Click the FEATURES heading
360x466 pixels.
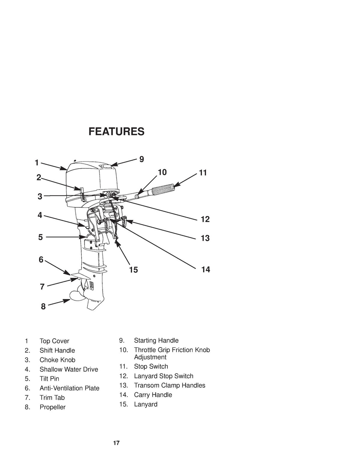click(116, 131)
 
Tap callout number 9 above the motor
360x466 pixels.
click(142, 159)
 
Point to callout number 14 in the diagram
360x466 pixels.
click(205, 269)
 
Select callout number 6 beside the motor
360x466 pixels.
click(41, 260)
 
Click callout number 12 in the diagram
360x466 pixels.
click(205, 219)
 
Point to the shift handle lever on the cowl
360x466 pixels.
click(82, 194)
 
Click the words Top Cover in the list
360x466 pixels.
click(55, 341)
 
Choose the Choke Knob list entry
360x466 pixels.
click(58, 360)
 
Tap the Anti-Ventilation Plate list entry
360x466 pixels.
click(70, 388)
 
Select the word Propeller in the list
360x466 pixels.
click(52, 407)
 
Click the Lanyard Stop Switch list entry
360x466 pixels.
click(163, 376)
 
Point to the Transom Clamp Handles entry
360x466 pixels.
click(169, 385)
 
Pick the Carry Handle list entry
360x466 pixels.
click(153, 395)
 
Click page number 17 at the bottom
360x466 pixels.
click(116, 443)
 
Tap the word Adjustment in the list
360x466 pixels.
click(150, 357)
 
